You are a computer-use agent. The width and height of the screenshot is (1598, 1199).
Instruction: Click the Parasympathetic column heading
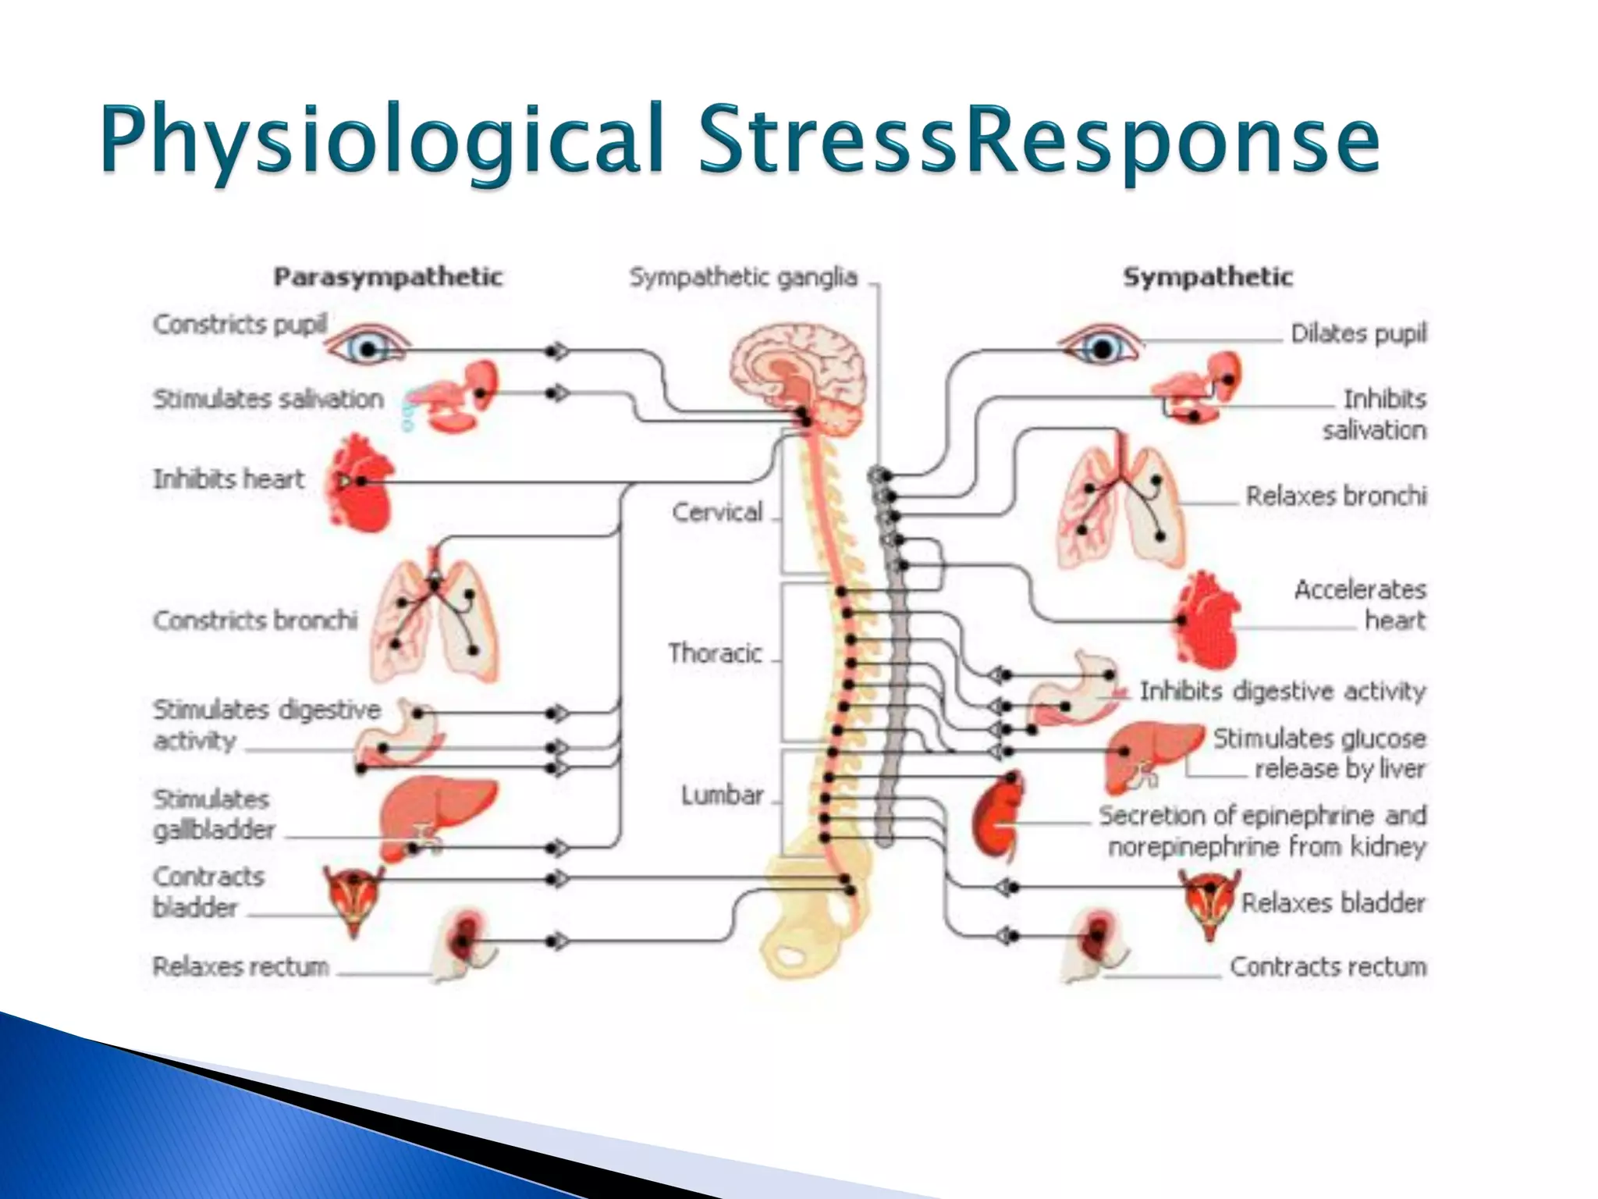point(388,277)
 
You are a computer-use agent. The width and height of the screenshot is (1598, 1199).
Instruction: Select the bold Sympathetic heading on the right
point(1207,277)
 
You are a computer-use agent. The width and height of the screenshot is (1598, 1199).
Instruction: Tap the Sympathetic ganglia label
point(743,277)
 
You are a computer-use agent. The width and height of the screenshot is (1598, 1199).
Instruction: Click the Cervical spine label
point(717,512)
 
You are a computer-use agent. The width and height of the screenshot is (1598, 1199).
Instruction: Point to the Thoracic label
point(715,653)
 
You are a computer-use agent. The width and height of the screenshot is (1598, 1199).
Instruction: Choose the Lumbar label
point(722,795)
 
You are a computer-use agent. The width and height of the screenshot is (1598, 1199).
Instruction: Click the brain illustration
point(797,367)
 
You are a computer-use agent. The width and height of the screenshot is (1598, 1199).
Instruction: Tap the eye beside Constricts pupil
point(367,346)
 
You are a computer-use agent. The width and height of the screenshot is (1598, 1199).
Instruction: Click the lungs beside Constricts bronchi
point(434,621)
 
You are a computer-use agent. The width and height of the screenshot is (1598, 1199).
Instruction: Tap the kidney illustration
point(997,816)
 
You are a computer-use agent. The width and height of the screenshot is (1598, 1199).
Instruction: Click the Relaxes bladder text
point(1333,903)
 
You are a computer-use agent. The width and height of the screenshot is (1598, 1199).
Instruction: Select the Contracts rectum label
point(1328,967)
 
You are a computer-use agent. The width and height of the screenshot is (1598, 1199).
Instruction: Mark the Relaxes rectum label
point(240,967)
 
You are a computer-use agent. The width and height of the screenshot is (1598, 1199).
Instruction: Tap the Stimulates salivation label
point(268,399)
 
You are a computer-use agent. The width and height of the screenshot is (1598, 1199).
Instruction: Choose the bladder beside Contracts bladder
point(354,898)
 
